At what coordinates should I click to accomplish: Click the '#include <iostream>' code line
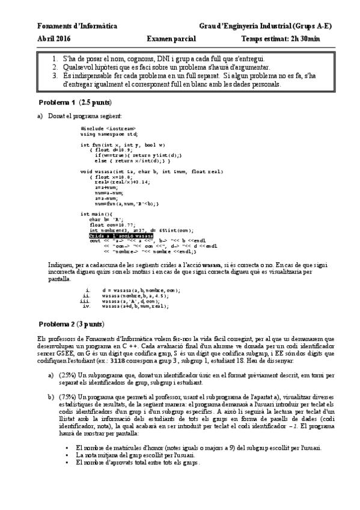pos(108,129)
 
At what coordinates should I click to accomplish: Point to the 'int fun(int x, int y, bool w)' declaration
pos(123,145)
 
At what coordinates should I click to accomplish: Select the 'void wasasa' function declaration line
pos(147,171)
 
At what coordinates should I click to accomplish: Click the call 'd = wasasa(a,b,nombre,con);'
pos(141,290)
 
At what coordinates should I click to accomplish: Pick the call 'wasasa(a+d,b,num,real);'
pos(135,307)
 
